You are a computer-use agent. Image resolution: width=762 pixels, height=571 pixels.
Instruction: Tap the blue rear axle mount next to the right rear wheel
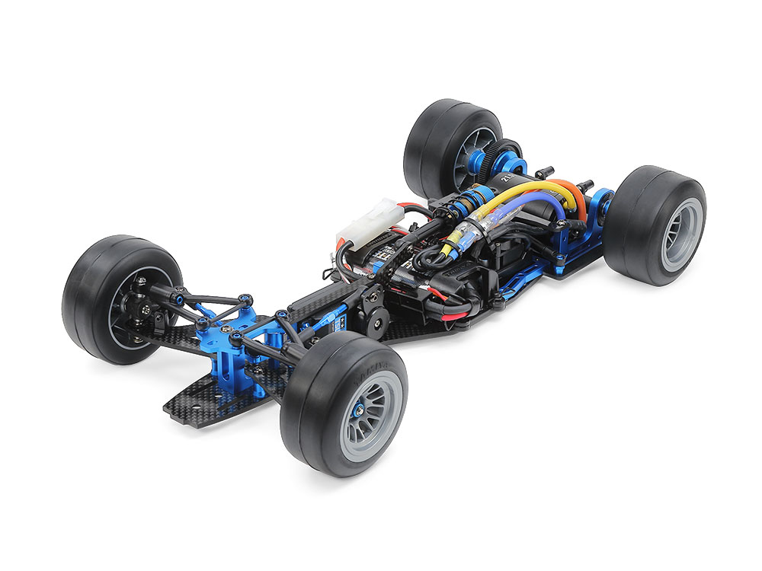click(x=602, y=206)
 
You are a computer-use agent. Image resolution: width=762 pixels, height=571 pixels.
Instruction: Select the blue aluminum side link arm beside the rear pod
click(x=533, y=282)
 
